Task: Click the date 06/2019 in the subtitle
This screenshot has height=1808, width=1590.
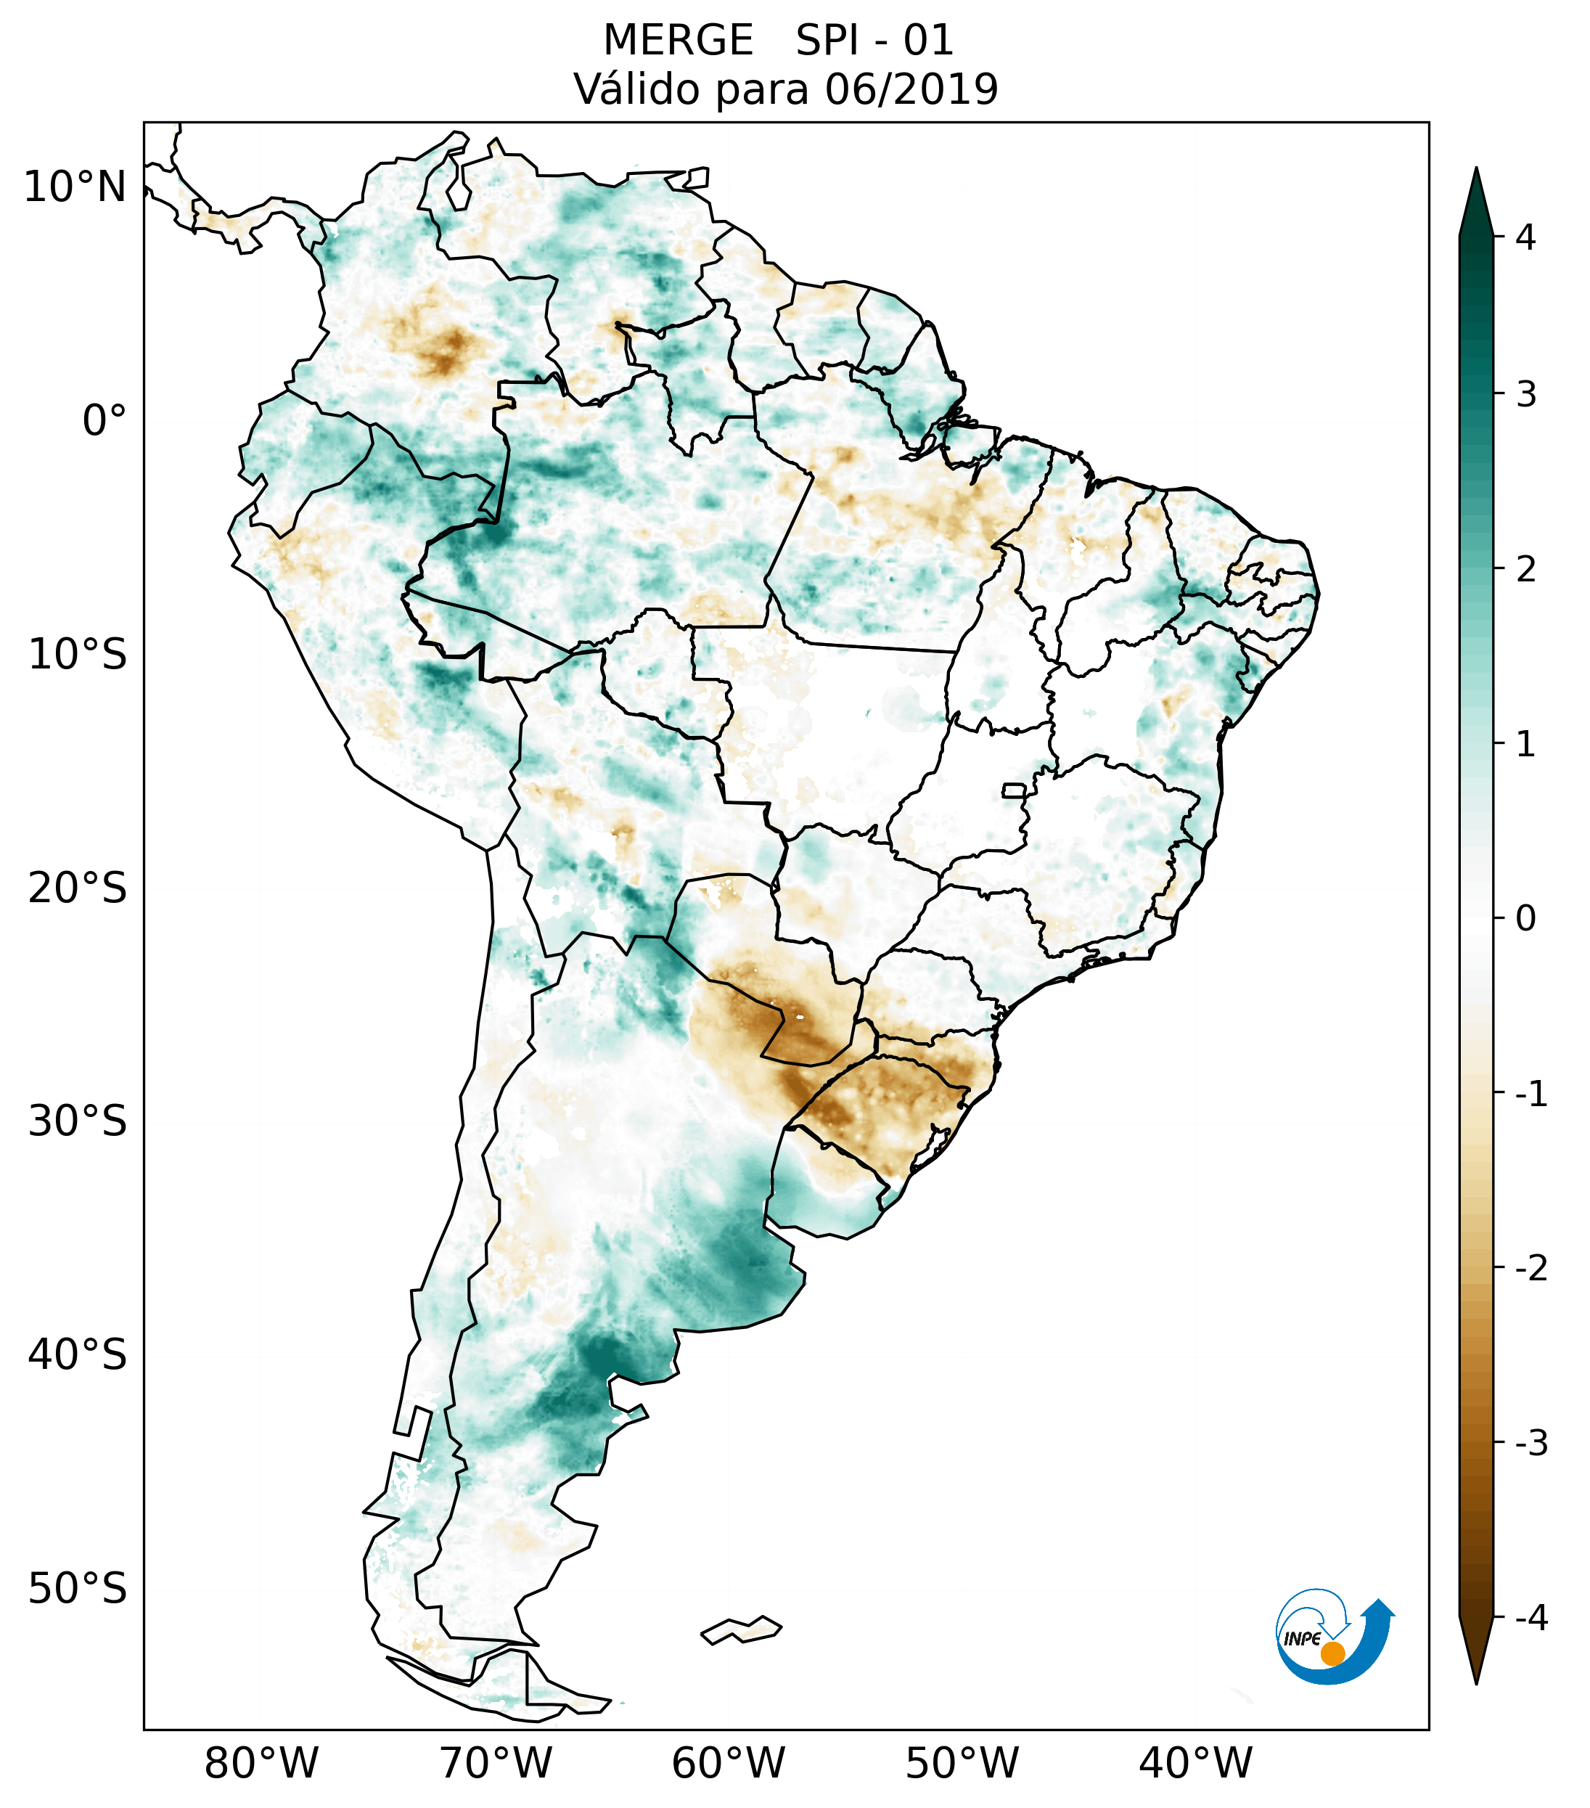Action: pos(911,89)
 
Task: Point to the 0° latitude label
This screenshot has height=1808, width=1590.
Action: pos(105,421)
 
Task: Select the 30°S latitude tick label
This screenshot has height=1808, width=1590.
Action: pos(78,1121)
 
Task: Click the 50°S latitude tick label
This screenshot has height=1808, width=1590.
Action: pos(78,1589)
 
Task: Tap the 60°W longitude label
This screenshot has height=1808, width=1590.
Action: pos(728,1763)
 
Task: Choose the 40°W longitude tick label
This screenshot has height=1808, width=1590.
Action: pos(1196,1763)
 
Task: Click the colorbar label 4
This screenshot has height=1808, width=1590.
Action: pos(1525,237)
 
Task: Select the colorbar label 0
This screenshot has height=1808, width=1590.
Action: pos(1525,919)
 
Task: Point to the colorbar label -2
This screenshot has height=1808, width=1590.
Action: pos(1530,1269)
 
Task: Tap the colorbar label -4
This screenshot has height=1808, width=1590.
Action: pos(1530,1618)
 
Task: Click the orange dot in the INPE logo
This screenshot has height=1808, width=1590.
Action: pos(1332,1653)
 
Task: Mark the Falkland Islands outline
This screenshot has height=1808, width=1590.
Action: pos(741,1629)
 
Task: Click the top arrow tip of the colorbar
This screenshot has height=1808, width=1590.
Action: pos(1476,170)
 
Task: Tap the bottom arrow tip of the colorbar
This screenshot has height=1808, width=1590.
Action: pos(1476,1682)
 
